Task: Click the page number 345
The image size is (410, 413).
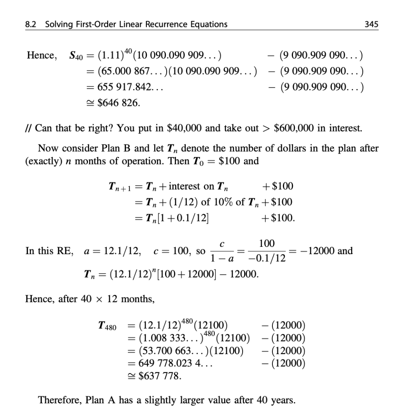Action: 371,24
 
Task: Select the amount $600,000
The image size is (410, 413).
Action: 295,129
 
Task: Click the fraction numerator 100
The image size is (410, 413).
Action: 267,243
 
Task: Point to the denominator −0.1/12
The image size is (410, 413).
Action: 268,259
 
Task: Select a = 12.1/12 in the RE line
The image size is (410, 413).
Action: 112,251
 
